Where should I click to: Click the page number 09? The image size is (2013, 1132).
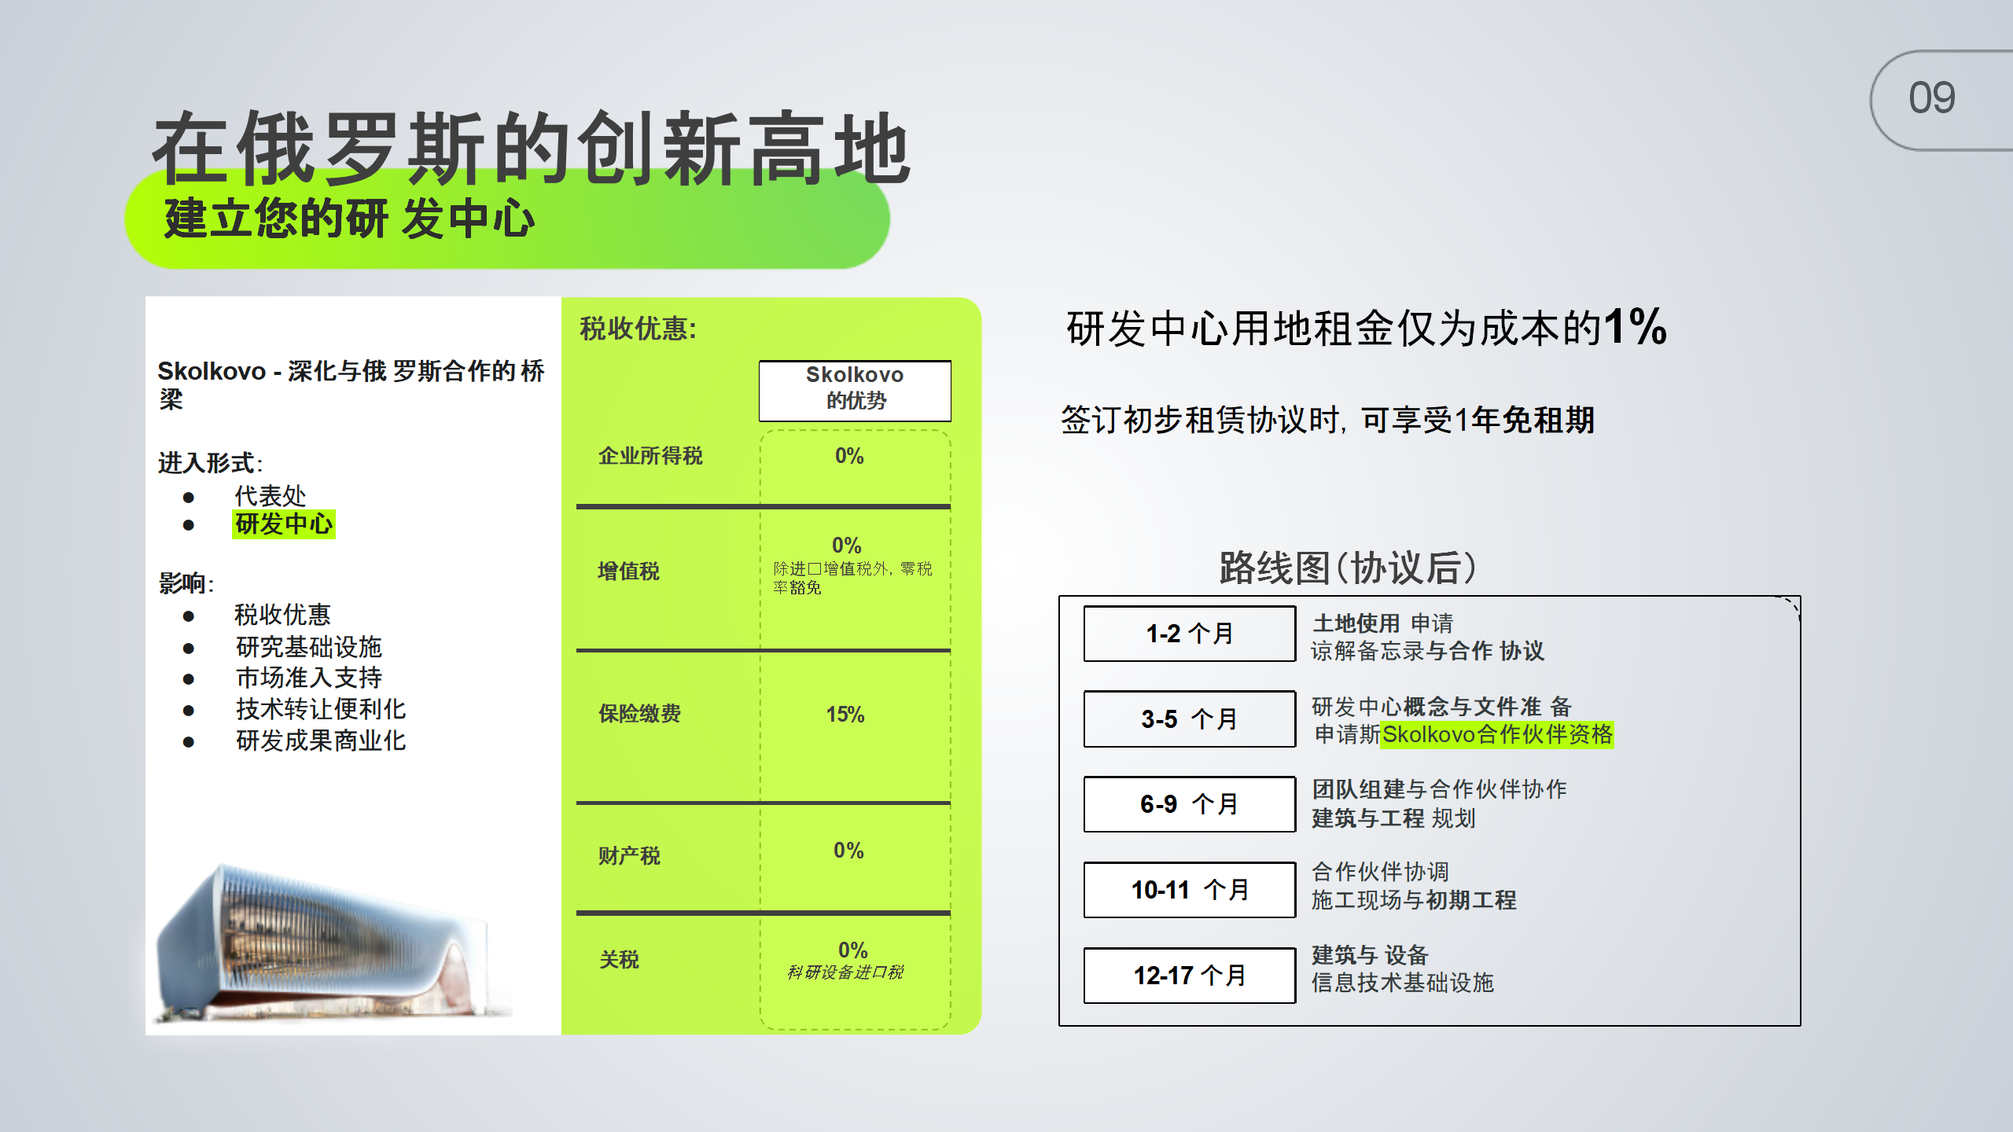(x=1931, y=98)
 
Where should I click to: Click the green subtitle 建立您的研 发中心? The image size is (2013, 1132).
(x=349, y=219)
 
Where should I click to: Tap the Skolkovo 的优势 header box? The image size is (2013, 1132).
(x=855, y=391)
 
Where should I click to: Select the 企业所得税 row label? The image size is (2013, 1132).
(x=650, y=456)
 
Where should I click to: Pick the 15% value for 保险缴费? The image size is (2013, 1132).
(x=845, y=715)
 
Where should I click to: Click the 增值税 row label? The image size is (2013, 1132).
(x=628, y=572)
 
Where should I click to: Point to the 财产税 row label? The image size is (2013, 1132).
(x=629, y=855)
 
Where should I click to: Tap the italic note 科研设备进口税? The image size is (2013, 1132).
(x=845, y=972)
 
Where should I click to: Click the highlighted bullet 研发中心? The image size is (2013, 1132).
(x=284, y=524)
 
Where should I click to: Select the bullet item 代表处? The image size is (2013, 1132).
(x=270, y=496)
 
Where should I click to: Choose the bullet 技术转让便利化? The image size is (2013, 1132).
(x=321, y=709)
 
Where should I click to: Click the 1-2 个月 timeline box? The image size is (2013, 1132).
(x=1190, y=634)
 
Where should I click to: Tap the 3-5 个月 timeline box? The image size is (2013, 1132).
(x=1190, y=719)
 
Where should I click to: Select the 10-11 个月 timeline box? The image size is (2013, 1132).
(x=1190, y=890)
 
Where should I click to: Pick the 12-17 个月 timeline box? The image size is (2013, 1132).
(x=1190, y=976)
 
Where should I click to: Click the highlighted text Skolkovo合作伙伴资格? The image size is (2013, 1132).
(x=1497, y=735)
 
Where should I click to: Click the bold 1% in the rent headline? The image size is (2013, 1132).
(x=1636, y=326)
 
